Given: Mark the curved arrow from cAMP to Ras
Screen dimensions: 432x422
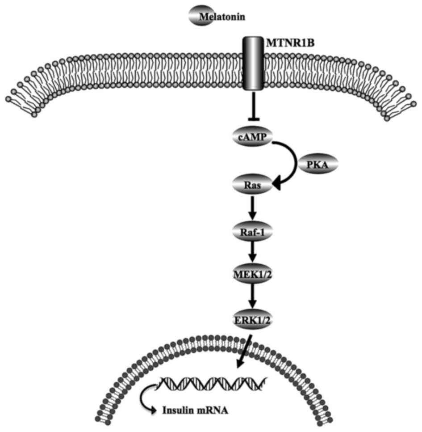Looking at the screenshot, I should [x=292, y=161].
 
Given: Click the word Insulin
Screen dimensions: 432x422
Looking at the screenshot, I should [x=175, y=409].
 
